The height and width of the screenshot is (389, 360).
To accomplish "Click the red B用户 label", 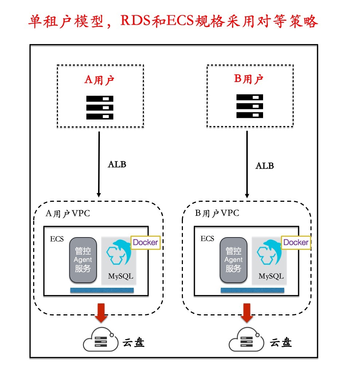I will (249, 79).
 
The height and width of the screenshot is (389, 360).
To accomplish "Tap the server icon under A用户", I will (100, 107).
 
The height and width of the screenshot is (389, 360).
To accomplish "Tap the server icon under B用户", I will (250, 106).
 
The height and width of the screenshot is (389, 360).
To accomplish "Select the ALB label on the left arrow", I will (117, 164).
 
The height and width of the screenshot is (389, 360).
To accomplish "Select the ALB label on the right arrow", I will (265, 166).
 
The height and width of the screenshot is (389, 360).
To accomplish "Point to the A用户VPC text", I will (68, 214).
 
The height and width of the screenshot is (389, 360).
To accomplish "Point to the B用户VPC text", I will (217, 213).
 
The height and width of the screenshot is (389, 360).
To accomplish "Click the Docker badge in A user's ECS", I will (145, 242).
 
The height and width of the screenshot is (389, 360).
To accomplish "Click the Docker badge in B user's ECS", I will (296, 242).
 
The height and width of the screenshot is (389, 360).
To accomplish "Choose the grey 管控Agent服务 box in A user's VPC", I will (83, 260).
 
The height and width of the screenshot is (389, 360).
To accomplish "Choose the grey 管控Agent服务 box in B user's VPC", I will (233, 260).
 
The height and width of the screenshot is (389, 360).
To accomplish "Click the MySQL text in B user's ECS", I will (271, 276).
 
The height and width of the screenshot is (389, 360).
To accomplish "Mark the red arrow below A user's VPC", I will (101, 313).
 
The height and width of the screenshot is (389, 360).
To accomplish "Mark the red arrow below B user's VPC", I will (247, 313).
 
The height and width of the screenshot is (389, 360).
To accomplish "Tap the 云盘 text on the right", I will (281, 343).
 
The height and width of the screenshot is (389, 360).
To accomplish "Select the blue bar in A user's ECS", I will (102, 290).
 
